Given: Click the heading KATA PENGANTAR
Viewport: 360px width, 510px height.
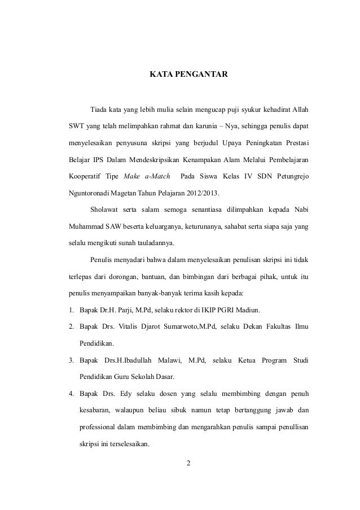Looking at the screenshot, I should click(188, 73).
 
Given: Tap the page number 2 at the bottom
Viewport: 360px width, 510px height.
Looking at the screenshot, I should click(188, 464).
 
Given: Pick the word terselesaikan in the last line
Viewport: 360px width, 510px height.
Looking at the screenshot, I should click(125, 443).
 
